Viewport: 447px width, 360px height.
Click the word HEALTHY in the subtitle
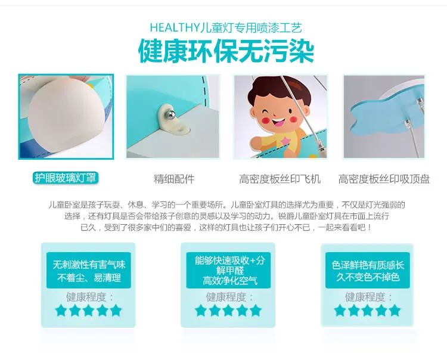pyautogui.click(x=175, y=27)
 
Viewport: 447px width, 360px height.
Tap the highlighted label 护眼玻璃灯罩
pyautogui.click(x=66, y=178)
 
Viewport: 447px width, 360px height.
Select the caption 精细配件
pyautogui.click(x=174, y=179)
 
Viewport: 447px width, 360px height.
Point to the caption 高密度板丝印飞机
pyautogui.click(x=280, y=179)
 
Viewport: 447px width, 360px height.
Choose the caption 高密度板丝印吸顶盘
pyautogui.click(x=384, y=179)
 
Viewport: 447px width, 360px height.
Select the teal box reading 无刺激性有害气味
pyautogui.click(x=89, y=270)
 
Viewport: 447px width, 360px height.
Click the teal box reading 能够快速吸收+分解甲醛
pyautogui.click(x=228, y=270)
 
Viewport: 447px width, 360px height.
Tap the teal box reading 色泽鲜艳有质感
pyautogui.click(x=368, y=270)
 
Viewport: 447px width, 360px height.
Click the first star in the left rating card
pyautogui.click(x=61, y=311)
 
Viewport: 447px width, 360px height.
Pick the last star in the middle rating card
pyautogui.click(x=256, y=311)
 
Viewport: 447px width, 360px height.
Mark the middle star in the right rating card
pyautogui.click(x=368, y=311)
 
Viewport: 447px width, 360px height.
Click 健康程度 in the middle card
pyautogui.click(x=226, y=297)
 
